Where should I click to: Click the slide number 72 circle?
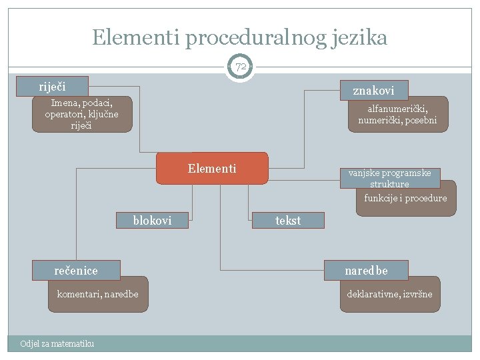click(x=240, y=67)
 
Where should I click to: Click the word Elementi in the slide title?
click(x=136, y=37)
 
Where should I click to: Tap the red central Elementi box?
click(x=212, y=168)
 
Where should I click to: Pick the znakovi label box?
click(x=373, y=90)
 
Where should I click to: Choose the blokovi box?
click(x=152, y=220)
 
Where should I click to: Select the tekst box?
click(x=288, y=220)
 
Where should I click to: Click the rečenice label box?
click(x=77, y=270)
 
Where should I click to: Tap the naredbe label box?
click(x=366, y=270)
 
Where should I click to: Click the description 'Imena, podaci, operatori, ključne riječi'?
click(x=82, y=114)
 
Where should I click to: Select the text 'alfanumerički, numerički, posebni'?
click(x=397, y=114)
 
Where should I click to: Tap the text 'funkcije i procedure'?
click(x=405, y=199)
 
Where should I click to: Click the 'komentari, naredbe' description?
click(x=98, y=294)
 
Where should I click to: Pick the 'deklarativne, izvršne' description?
click(x=389, y=294)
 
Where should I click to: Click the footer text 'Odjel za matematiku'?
click(x=57, y=343)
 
